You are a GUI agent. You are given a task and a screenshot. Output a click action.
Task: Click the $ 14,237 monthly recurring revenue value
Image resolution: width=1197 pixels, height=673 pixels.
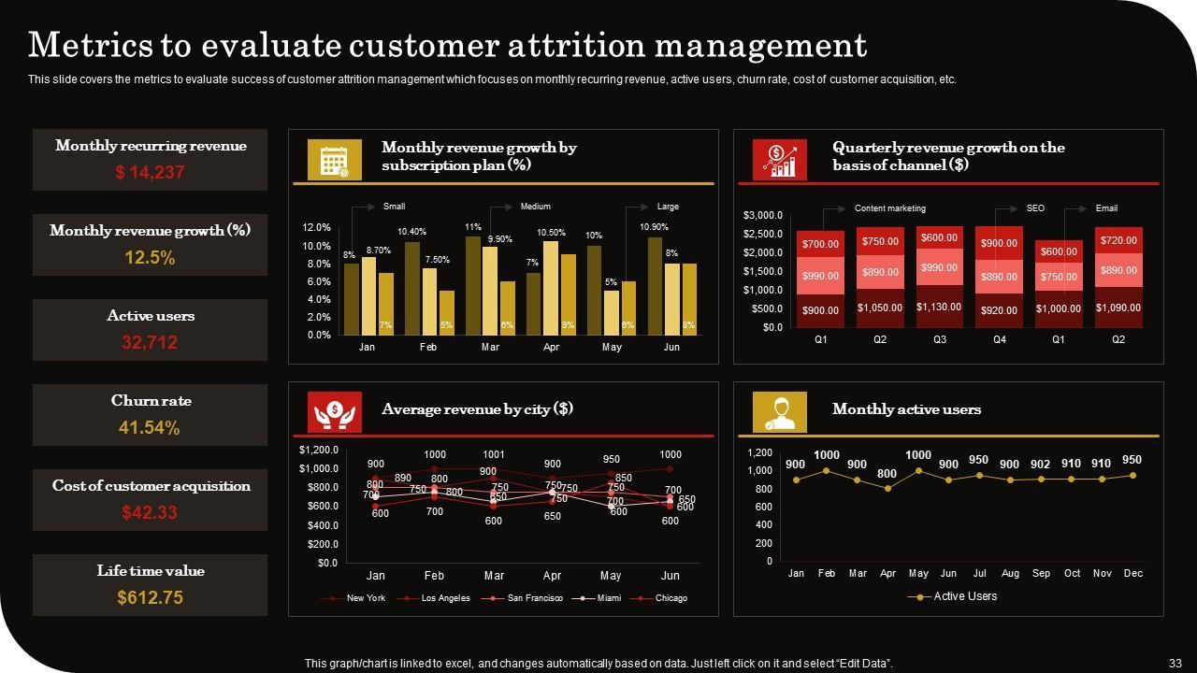pyautogui.click(x=150, y=172)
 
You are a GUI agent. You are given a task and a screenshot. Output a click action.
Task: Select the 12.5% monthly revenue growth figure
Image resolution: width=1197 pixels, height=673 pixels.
pyautogui.click(x=150, y=258)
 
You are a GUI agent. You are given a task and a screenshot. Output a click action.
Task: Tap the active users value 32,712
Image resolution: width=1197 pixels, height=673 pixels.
pyautogui.click(x=150, y=343)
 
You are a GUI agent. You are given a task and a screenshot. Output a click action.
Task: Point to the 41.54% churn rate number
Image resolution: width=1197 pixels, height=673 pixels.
pyautogui.click(x=150, y=428)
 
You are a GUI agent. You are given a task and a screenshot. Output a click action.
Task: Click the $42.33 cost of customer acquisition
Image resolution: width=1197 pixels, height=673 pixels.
pyautogui.click(x=150, y=512)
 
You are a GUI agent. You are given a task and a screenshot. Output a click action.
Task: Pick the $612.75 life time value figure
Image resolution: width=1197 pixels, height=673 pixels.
pyautogui.click(x=150, y=597)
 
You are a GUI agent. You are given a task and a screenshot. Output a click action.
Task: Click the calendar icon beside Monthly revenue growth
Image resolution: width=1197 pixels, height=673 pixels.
pyautogui.click(x=335, y=160)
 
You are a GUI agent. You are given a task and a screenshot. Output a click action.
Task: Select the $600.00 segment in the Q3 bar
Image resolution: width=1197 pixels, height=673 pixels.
pyautogui.click(x=939, y=237)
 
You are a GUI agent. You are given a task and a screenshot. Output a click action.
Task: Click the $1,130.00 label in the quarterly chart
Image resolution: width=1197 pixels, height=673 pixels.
pyautogui.click(x=939, y=307)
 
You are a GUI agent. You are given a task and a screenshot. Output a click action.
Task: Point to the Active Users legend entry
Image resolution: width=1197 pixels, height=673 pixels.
pyautogui.click(x=964, y=596)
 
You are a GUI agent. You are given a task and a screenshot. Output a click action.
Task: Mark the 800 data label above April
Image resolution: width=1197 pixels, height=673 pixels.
pyautogui.click(x=887, y=474)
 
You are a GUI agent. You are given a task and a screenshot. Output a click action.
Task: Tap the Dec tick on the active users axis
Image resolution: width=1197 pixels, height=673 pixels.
pyautogui.click(x=1133, y=573)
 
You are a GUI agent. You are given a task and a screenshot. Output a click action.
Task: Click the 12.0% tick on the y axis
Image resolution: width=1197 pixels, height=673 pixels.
pyautogui.click(x=317, y=227)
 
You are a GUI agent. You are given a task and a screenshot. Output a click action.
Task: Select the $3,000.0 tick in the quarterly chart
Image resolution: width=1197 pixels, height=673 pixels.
pyautogui.click(x=763, y=216)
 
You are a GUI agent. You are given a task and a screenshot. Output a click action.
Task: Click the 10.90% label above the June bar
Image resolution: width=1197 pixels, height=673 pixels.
pyautogui.click(x=654, y=227)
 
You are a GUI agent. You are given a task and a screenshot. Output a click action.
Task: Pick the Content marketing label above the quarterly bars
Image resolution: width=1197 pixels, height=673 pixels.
pyautogui.click(x=889, y=208)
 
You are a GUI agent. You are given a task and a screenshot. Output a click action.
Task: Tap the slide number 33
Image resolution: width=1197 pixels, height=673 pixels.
pyautogui.click(x=1175, y=664)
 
